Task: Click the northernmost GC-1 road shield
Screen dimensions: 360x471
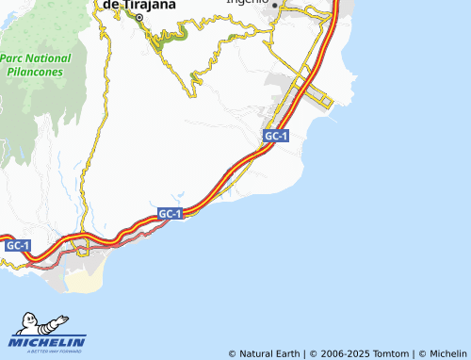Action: [x=276, y=137]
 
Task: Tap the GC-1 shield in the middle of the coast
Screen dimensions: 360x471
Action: [x=171, y=214]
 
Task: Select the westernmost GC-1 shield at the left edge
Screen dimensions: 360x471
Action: [x=18, y=245]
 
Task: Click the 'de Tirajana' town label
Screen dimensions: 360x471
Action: [x=138, y=5]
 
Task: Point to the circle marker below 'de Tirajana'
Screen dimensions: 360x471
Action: [x=138, y=18]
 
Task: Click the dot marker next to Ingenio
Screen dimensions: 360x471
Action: [x=275, y=6]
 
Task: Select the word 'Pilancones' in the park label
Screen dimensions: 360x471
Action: [x=37, y=72]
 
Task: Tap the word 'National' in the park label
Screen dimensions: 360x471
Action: [x=49, y=58]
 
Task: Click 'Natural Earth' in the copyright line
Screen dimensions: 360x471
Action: [x=269, y=353]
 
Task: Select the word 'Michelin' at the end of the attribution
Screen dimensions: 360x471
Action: [x=447, y=353]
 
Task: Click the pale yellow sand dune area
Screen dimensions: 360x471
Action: [x=83, y=279]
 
